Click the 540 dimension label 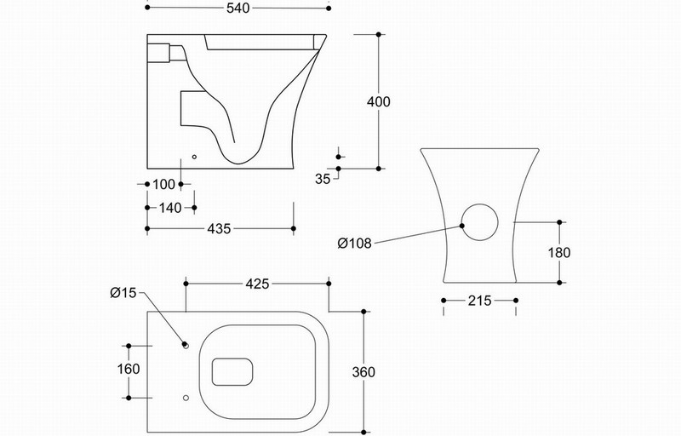pyautogui.click(x=238, y=9)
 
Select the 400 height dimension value pyautogui.click(x=379, y=101)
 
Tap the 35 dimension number pyautogui.click(x=323, y=179)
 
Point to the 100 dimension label pyautogui.click(x=163, y=185)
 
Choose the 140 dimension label pyautogui.click(x=170, y=208)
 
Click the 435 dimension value pyautogui.click(x=219, y=229)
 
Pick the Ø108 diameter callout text pyautogui.click(x=355, y=244)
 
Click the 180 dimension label pyautogui.click(x=559, y=252)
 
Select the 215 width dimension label pyautogui.click(x=479, y=301)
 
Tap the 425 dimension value pyautogui.click(x=258, y=284)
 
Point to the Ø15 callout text pyautogui.click(x=123, y=293)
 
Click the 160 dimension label pyautogui.click(x=129, y=369)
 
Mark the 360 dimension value pyautogui.click(x=363, y=372)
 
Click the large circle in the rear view pyautogui.click(x=479, y=204)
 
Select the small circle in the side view pyautogui.click(x=194, y=157)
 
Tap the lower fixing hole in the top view pyautogui.click(x=186, y=398)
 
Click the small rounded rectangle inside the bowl pyautogui.click(x=232, y=359)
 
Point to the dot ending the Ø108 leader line pyautogui.click(x=461, y=226)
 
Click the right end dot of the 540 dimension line pyautogui.click(x=329, y=9)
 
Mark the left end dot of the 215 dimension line pyautogui.click(x=444, y=301)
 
